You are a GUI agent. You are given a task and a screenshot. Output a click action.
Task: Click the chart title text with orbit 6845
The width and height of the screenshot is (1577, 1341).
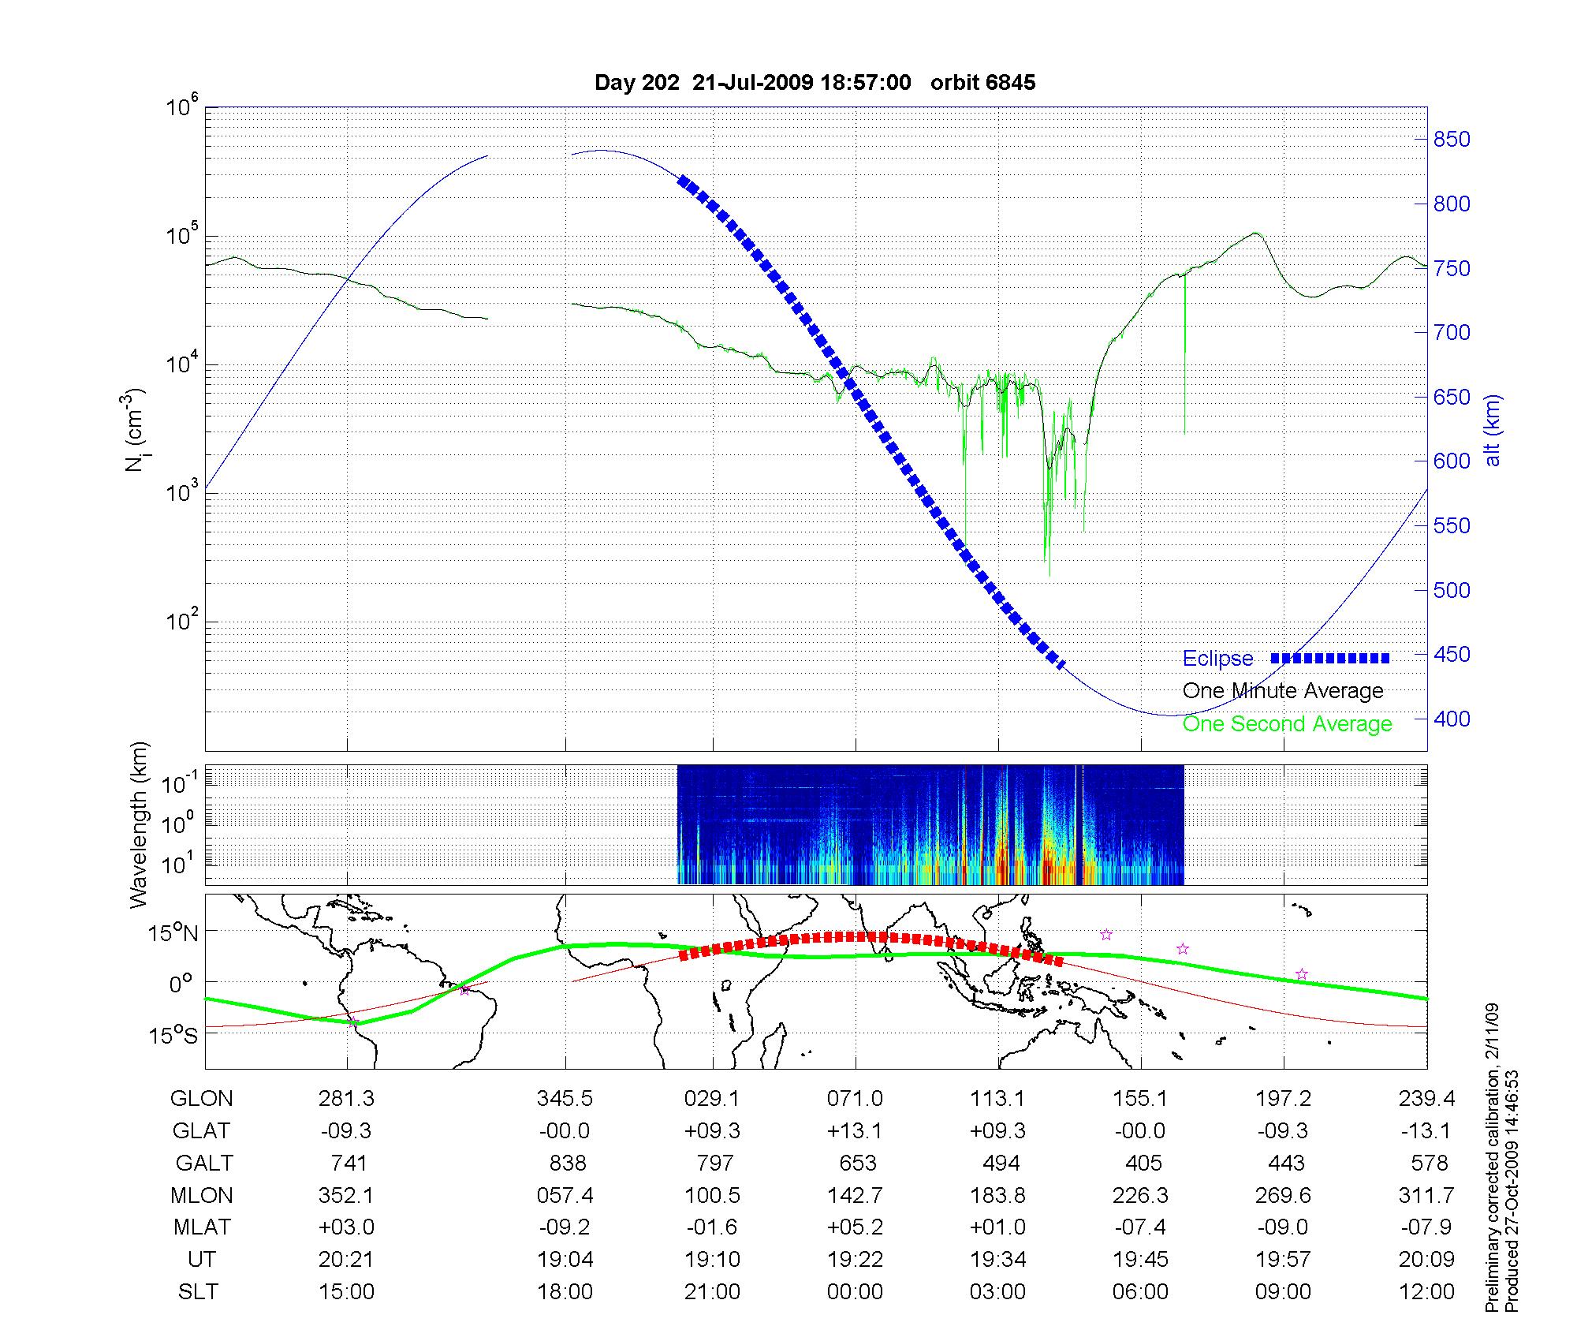point(815,83)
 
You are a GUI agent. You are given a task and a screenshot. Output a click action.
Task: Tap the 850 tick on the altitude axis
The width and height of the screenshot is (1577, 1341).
point(1451,140)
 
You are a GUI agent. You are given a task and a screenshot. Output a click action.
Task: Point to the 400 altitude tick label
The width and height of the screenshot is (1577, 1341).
point(1451,719)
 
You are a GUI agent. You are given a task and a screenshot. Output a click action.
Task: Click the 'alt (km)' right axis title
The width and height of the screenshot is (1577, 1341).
point(1493,430)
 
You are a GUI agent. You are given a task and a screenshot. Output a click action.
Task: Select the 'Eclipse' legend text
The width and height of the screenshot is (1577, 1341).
point(1217,659)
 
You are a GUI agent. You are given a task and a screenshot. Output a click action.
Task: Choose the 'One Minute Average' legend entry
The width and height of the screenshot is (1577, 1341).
point(1283,691)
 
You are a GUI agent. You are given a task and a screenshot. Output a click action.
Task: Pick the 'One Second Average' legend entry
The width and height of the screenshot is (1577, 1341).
point(1287,724)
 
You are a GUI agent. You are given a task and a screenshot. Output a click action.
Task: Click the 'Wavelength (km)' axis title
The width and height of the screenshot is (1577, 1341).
point(140,824)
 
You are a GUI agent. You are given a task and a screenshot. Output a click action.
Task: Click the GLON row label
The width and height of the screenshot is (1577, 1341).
point(201,1098)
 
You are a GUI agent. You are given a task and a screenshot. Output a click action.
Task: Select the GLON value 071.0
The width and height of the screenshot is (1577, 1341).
point(856,1098)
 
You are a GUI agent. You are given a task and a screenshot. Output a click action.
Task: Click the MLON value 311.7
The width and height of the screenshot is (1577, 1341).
point(1426,1195)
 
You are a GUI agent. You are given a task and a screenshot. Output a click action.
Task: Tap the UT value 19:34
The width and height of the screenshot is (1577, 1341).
point(998,1260)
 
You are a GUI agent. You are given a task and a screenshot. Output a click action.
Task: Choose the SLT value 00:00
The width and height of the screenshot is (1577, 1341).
point(856,1292)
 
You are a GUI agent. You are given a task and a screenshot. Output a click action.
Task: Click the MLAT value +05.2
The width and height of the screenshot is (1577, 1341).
point(856,1227)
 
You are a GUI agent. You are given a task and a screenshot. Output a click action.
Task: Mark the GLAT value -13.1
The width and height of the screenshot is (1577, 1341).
point(1426,1130)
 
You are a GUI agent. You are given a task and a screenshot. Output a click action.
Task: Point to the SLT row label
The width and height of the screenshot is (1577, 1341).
point(198,1292)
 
